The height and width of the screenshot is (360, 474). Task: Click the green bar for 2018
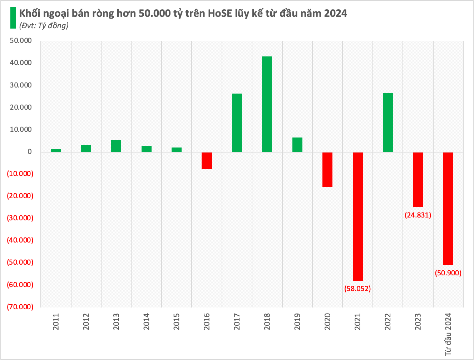[267, 104]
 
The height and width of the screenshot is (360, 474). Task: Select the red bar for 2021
[357, 216]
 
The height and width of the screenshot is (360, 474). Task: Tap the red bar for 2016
[207, 161]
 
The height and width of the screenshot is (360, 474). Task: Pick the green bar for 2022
[388, 122]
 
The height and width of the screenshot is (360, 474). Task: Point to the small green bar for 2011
[56, 150]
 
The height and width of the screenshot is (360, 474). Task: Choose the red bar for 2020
[327, 170]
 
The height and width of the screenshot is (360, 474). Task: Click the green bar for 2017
[237, 122]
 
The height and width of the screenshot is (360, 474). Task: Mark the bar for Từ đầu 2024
[448, 208]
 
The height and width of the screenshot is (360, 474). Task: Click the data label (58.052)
[357, 289]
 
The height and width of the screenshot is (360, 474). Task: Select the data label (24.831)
[418, 215]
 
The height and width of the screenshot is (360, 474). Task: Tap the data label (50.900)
[448, 273]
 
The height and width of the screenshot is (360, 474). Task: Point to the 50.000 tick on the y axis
[21, 41]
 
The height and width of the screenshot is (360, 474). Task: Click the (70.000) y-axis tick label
[20, 307]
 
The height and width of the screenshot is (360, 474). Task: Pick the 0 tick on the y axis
[30, 152]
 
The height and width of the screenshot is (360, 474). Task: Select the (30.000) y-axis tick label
[20, 218]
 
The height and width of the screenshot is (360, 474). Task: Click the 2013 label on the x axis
[116, 321]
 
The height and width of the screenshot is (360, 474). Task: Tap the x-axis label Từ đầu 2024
[448, 334]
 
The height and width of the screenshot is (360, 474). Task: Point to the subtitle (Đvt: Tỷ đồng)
[44, 25]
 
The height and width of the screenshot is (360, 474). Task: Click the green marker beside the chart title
[13, 18]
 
